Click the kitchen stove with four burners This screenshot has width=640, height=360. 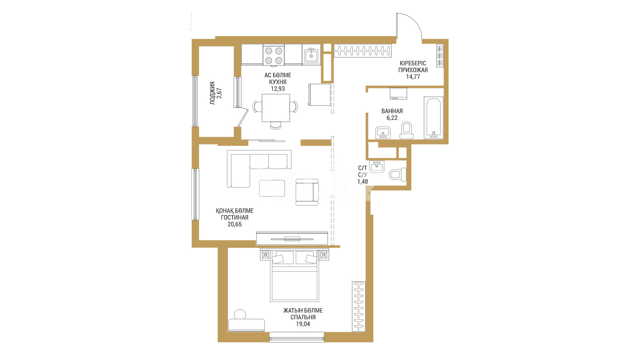click(x=274, y=55)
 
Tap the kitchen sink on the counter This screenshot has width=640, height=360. click(x=311, y=55)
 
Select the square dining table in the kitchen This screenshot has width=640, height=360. click(x=276, y=108)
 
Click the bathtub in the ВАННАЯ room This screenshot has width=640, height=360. click(x=434, y=118)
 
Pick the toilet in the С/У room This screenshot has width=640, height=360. click(x=398, y=174)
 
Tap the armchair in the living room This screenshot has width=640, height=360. click(x=307, y=192)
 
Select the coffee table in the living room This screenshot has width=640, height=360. click(x=272, y=188)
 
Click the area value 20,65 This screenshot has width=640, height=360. click(x=234, y=224)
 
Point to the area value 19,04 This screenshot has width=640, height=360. click(x=303, y=324)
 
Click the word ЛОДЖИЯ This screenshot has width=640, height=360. click(x=212, y=93)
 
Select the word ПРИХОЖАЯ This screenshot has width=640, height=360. click(x=413, y=70)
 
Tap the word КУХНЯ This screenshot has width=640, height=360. click(x=278, y=82)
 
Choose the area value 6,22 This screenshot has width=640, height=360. click(x=392, y=118)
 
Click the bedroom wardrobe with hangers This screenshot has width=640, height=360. click(x=358, y=307)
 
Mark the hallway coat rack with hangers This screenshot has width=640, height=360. click(x=363, y=51)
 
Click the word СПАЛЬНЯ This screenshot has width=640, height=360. click(x=303, y=317)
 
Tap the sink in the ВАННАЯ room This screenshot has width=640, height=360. click(x=383, y=133)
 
